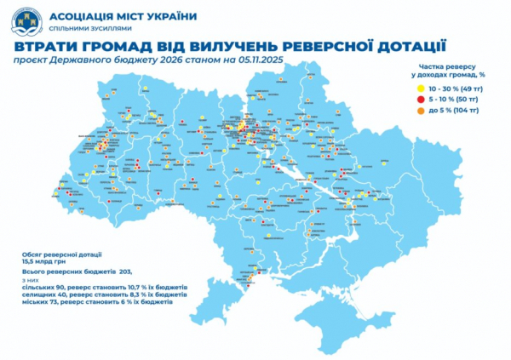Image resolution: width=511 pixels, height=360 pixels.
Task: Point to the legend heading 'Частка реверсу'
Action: coord(448,66)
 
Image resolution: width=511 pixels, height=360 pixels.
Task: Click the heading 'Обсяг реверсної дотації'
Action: coord(56,254)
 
